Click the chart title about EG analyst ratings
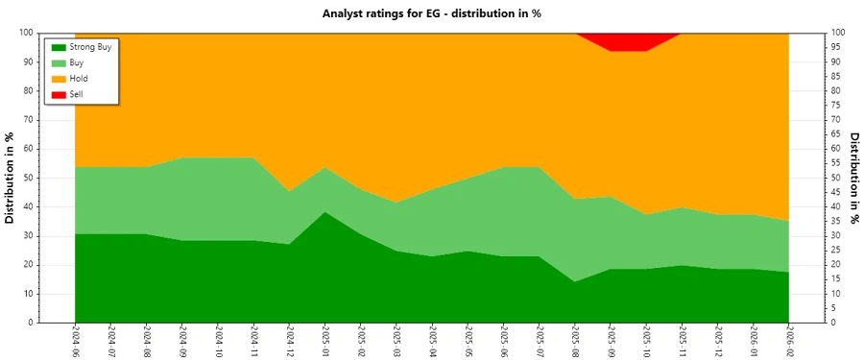click(x=432, y=13)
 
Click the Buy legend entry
click(x=77, y=62)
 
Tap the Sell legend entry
click(x=77, y=93)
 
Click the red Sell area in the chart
click(x=628, y=41)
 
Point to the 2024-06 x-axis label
click(x=75, y=341)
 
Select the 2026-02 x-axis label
click(x=788, y=341)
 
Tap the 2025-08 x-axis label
click(x=574, y=341)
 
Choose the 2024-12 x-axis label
click(x=289, y=341)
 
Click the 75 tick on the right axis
click(x=837, y=106)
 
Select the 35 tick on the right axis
click(x=837, y=222)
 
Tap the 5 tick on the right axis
click(x=835, y=308)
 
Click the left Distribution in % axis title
click(x=11, y=178)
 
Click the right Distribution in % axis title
click(x=853, y=178)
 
